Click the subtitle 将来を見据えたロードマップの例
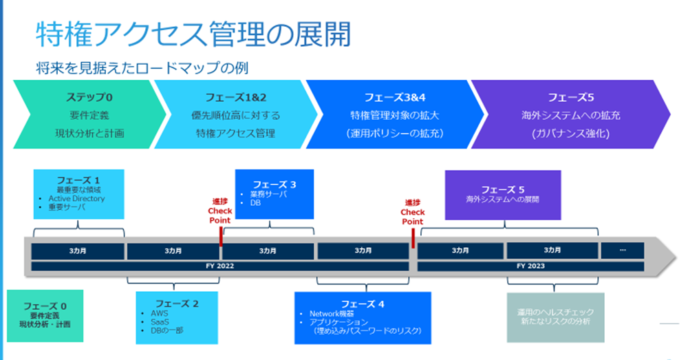(x=142, y=68)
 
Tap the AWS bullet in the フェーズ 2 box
(x=160, y=313)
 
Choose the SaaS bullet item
(x=161, y=321)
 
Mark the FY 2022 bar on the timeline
(x=220, y=266)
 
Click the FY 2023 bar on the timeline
(x=530, y=266)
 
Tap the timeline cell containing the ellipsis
(x=623, y=251)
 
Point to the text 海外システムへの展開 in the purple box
(x=502, y=200)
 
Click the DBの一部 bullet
(x=168, y=330)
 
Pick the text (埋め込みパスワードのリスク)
(x=365, y=331)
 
